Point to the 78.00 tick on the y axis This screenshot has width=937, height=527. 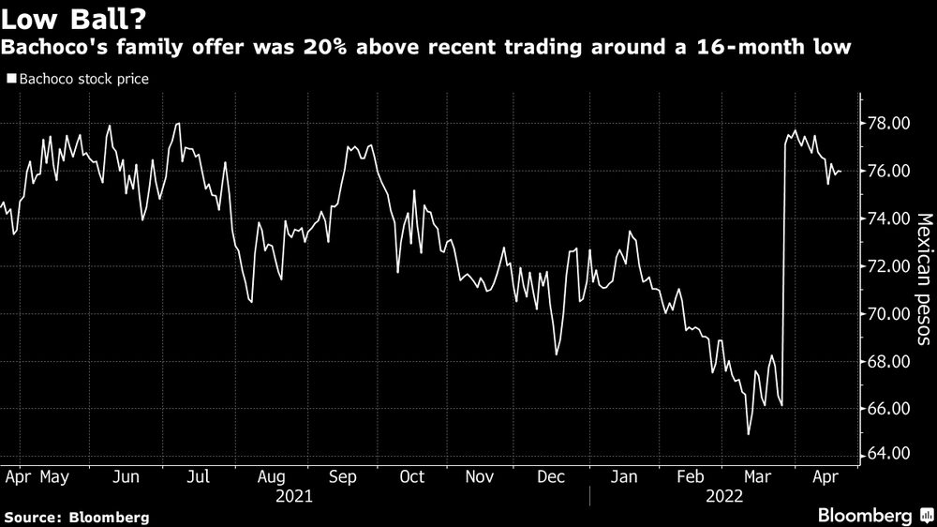887,124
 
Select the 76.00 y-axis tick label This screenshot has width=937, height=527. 887,172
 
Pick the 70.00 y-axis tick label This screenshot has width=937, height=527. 887,314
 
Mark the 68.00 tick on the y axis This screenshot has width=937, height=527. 887,362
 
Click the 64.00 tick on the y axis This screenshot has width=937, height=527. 887,455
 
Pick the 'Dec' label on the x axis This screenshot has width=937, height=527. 551,476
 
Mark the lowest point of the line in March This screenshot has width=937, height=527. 749,434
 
